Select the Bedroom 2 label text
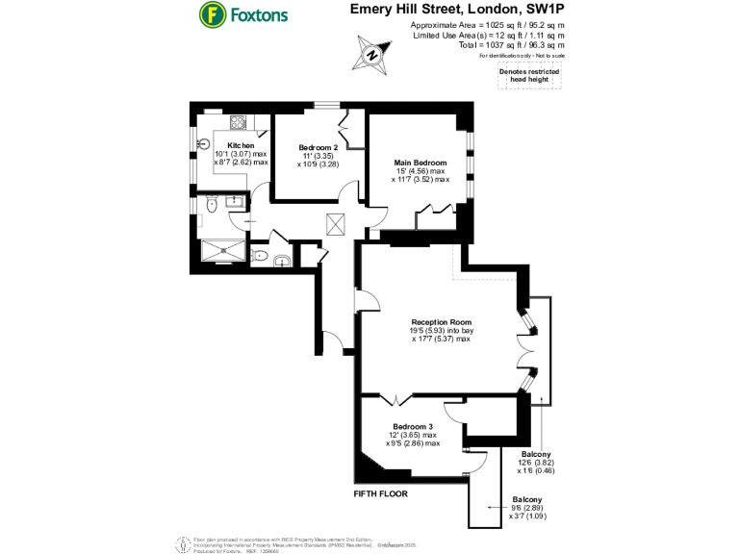(318, 147)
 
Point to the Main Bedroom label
(420, 163)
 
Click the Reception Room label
(441, 322)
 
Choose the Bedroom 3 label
(412, 426)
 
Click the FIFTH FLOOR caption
(381, 493)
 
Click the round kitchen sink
(203, 143)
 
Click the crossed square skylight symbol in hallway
(336, 223)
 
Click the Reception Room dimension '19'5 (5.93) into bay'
(441, 331)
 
